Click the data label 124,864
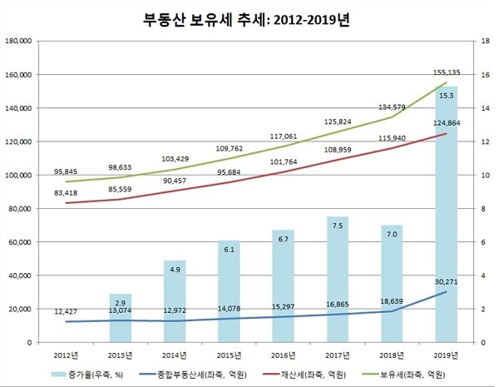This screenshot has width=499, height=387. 447,124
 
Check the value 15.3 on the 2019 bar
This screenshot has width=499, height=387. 447,97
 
